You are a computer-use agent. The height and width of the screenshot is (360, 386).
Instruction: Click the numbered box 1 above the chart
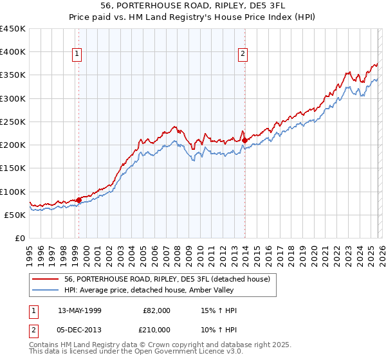pos(77,55)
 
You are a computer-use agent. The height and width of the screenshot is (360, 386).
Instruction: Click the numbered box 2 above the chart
pos(243,55)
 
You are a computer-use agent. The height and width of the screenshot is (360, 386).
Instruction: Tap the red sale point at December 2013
pos(245,140)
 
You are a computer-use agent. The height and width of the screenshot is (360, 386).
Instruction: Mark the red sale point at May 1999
pos(78,200)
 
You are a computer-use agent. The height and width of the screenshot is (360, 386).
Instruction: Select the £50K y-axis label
pos(15,215)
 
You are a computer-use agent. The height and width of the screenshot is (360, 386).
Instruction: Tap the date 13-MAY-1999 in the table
pos(80,310)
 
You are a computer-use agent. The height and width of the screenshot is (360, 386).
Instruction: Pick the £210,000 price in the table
pos(157,329)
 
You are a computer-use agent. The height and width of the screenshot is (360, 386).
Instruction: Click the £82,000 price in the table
pos(157,310)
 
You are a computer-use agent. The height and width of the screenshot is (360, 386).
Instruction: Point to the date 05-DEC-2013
pos(80,329)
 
